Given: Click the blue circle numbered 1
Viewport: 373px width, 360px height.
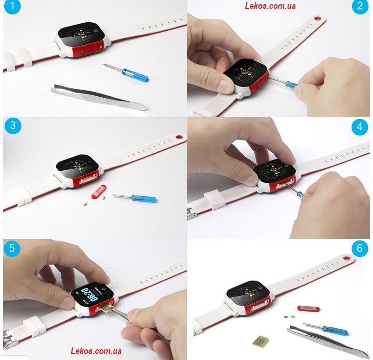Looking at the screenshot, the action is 12,6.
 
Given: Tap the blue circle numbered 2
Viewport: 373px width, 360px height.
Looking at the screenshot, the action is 360,6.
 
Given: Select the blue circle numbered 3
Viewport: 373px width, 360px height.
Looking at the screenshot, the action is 13,126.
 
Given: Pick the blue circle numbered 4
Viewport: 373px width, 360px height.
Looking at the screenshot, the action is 360,127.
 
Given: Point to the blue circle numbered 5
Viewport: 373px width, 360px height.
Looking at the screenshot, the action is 12,248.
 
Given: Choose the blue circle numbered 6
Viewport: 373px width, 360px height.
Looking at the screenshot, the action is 360,248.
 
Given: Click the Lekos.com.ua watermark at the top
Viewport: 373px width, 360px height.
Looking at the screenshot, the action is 270,6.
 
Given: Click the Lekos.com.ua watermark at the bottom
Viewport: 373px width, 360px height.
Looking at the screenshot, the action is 96,351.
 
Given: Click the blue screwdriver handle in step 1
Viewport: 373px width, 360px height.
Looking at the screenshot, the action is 135,75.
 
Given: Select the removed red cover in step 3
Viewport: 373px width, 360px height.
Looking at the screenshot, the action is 98,192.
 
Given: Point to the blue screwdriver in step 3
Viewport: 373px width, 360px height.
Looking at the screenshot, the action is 135,198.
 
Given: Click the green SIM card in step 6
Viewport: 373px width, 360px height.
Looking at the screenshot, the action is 261,340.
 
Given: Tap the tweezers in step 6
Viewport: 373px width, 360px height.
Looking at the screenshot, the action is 328,341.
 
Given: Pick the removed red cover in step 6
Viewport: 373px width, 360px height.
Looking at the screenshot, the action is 308,308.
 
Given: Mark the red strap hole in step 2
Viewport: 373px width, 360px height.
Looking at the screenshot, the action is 317,18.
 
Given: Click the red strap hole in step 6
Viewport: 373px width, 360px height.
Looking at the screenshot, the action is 347,258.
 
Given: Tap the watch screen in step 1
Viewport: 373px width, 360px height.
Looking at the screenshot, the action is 81,34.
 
